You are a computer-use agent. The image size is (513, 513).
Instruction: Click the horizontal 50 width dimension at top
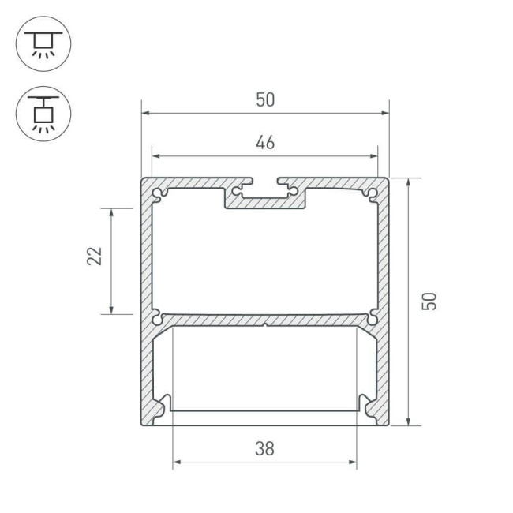pos(265,100)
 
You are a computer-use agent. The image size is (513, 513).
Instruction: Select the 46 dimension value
pos(265,143)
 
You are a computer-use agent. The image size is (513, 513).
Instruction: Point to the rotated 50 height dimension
pos(429,300)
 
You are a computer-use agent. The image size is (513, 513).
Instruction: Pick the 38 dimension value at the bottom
pos(265,449)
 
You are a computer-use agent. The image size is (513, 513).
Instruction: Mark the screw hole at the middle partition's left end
pos(159,318)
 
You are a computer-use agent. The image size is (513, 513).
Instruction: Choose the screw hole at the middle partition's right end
pos(372,318)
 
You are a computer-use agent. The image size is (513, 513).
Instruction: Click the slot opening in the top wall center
pos(265,182)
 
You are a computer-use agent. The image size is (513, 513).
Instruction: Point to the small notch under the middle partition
pos(265,324)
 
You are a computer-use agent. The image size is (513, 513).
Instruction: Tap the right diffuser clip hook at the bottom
pos(365,403)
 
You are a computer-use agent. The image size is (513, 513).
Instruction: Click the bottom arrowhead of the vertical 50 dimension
pos(408,421)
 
